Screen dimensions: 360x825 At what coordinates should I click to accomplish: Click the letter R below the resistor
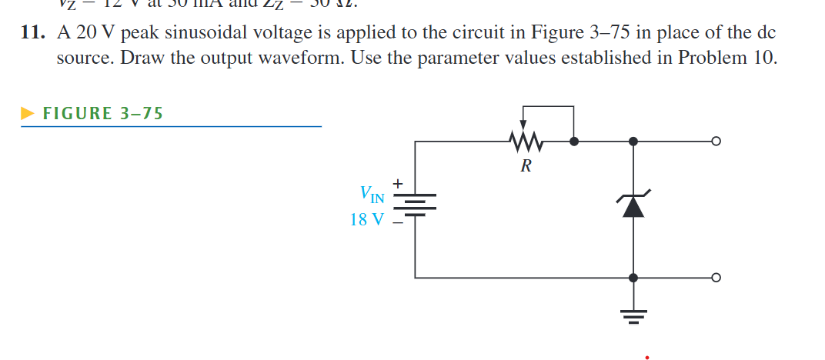click(526, 165)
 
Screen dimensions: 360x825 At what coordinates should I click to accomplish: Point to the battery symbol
click(416, 205)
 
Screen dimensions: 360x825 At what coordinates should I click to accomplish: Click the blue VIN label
click(372, 194)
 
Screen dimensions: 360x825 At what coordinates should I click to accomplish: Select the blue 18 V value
click(366, 219)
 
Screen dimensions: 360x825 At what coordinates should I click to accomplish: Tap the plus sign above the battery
click(397, 184)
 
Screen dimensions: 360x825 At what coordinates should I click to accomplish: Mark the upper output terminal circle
click(716, 142)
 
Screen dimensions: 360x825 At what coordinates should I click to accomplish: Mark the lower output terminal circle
click(716, 278)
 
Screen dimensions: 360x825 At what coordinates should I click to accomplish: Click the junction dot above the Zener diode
click(633, 142)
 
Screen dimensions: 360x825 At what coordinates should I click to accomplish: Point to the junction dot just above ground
click(633, 278)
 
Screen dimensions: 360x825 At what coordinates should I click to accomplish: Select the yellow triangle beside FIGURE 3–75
click(28, 114)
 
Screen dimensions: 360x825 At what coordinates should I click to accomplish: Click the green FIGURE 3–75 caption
click(102, 114)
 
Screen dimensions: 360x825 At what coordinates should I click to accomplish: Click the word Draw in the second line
click(145, 59)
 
